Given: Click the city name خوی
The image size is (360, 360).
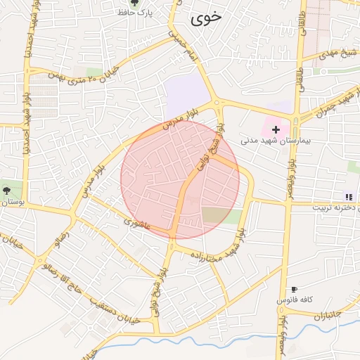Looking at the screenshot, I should pos(205,20).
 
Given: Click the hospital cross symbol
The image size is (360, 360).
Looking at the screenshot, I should pos(276,129).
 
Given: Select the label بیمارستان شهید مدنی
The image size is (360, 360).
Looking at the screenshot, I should pos(275,141).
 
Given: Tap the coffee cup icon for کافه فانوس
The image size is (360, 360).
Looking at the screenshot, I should pos(293,290).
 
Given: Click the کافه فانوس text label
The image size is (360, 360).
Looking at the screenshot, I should pos(292,300).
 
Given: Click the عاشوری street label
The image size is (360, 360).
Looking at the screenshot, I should pos(137,224).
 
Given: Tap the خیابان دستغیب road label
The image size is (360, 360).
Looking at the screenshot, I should pos(117,312).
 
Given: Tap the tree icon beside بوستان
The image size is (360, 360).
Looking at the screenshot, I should pos(6,190).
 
